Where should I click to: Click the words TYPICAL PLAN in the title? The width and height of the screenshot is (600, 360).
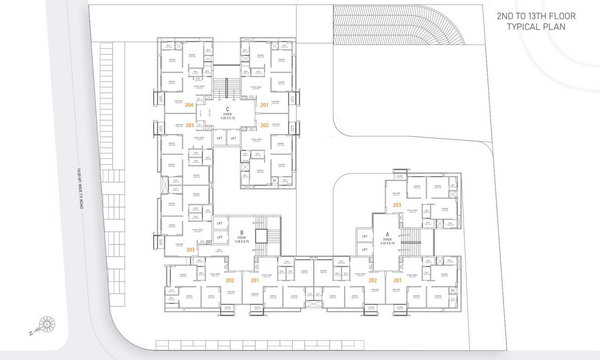536,27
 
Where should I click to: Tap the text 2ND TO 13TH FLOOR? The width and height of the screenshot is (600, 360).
536,16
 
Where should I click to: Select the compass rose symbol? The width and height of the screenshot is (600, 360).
46,324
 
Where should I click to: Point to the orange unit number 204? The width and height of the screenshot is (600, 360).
190,105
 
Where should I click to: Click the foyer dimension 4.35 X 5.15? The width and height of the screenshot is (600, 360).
227,118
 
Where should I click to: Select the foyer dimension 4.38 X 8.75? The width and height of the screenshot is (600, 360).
242,241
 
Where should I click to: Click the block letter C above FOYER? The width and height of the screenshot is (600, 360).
227,109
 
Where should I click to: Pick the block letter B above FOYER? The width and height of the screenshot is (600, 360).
242,232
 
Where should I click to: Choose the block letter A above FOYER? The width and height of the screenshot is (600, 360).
387,234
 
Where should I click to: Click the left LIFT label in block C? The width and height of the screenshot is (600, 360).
220,138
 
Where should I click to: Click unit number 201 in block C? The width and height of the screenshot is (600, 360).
264,105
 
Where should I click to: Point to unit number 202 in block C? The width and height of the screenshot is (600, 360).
264,125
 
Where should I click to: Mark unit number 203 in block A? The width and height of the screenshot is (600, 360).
397,205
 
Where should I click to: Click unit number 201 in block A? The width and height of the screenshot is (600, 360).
397,280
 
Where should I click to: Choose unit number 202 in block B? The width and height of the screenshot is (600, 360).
230,280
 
